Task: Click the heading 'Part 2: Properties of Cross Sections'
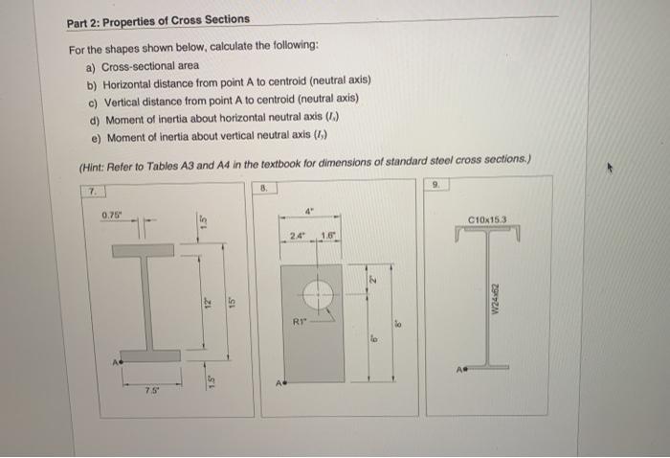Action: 158,19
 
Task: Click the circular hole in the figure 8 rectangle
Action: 319,292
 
